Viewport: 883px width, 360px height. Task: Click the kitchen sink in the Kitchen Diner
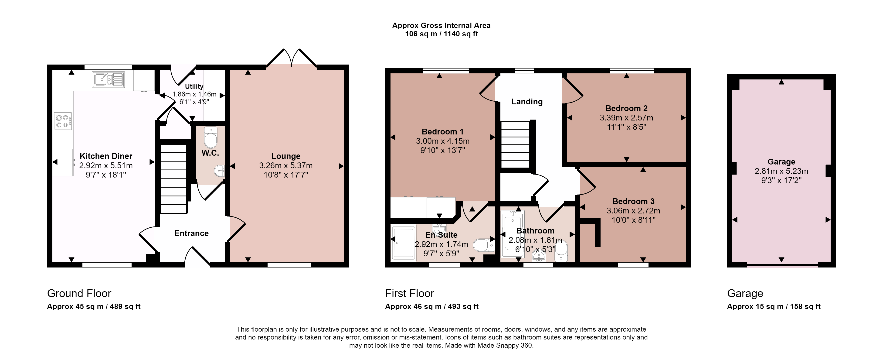coord(108,79)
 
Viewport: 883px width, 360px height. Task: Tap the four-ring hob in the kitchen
coord(63,121)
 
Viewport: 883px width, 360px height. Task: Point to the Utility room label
coord(194,86)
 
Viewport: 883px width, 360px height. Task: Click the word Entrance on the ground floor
coord(191,233)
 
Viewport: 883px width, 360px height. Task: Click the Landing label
coord(527,102)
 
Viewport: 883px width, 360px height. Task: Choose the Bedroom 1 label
coord(442,132)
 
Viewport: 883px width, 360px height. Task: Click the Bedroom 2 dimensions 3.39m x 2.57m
coord(626,118)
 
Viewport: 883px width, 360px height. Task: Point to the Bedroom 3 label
coord(633,201)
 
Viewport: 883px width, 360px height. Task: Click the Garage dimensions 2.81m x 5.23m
coord(781,171)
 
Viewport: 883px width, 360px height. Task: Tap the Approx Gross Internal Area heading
coord(441,25)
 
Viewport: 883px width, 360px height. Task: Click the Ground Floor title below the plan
coord(79,294)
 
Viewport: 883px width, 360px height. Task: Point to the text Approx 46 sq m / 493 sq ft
coord(431,306)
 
